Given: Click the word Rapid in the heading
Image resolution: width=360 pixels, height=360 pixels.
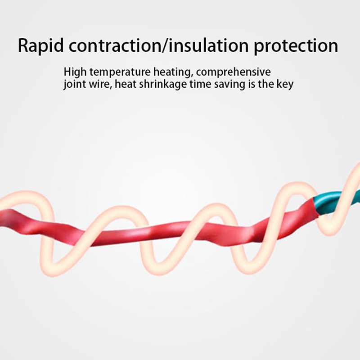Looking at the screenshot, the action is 40,46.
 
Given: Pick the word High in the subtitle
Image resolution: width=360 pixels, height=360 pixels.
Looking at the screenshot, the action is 75,72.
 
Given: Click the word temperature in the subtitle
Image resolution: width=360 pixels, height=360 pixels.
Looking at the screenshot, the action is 120,72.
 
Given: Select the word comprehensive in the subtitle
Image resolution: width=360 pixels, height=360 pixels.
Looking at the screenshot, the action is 234,72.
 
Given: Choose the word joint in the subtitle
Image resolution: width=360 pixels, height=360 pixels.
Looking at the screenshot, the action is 74,84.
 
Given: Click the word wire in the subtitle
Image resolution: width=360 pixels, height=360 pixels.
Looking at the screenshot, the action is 99,84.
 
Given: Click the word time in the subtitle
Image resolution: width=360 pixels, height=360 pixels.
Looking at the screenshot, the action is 200,84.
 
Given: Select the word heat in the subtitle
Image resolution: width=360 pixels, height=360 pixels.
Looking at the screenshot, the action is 126,84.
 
